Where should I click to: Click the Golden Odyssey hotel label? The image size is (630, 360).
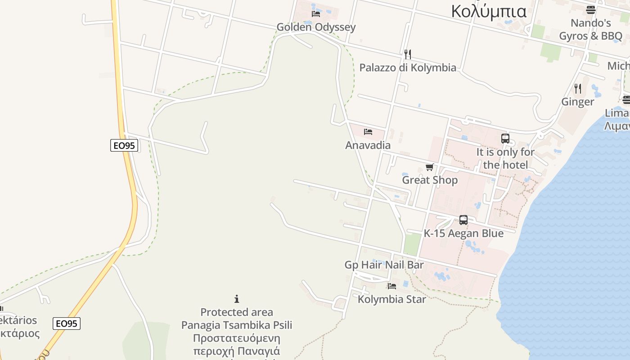[x=316, y=27]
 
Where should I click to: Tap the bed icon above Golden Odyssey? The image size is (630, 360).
[x=316, y=13]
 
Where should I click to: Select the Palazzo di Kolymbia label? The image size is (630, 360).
[x=408, y=67]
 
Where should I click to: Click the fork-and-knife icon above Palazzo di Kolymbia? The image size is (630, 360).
[x=407, y=54]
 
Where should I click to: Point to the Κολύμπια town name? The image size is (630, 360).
[x=489, y=11]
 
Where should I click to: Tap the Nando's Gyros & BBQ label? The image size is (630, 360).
[x=590, y=29]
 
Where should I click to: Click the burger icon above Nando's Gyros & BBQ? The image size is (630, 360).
[x=590, y=9]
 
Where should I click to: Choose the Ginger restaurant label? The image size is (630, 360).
[x=577, y=102]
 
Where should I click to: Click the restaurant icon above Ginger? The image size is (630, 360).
[x=578, y=88]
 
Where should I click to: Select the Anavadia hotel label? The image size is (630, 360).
[x=368, y=145]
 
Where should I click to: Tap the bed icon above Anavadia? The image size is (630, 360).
[x=368, y=132]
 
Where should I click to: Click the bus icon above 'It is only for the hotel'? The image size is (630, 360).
[x=505, y=139]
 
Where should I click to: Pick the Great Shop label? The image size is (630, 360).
[x=430, y=180]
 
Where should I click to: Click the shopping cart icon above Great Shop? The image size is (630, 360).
[x=430, y=167]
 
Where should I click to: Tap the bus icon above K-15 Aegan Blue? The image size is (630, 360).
[x=463, y=220]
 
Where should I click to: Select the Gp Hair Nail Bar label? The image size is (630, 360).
[x=384, y=265]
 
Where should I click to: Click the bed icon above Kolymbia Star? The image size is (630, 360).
[x=392, y=286]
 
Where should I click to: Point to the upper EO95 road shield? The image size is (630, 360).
[x=124, y=145]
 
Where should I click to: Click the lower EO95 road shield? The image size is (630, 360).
[x=67, y=324]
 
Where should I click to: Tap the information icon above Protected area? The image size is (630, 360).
[x=237, y=299]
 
